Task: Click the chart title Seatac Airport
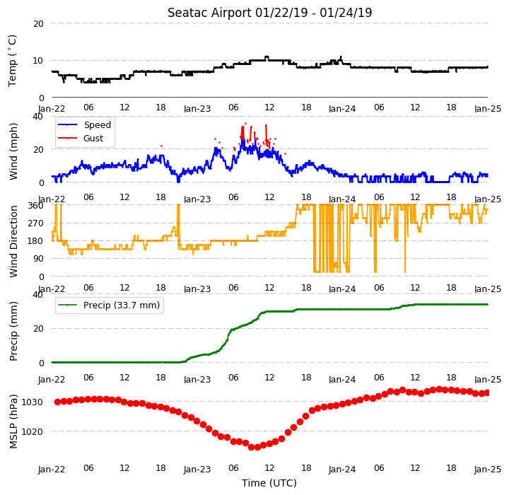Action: (209, 13)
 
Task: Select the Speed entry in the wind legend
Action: (98, 124)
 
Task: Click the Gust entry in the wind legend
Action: (93, 139)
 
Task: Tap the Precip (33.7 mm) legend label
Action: (122, 305)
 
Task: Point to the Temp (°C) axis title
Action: (12, 61)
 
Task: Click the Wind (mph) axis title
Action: (13, 151)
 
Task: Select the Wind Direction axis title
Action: (13, 241)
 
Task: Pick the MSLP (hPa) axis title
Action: (13, 421)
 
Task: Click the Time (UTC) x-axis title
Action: (269, 483)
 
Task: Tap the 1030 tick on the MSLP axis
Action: (32, 402)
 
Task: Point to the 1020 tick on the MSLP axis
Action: (32, 431)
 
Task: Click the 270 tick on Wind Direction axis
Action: (35, 223)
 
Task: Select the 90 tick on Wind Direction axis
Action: (38, 259)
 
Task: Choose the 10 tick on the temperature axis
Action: (38, 61)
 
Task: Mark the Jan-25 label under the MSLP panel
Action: (488, 470)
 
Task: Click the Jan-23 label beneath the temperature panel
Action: (197, 108)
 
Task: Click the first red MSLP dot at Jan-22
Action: (57, 402)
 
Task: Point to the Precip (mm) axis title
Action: (13, 332)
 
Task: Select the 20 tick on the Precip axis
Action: (38, 329)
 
